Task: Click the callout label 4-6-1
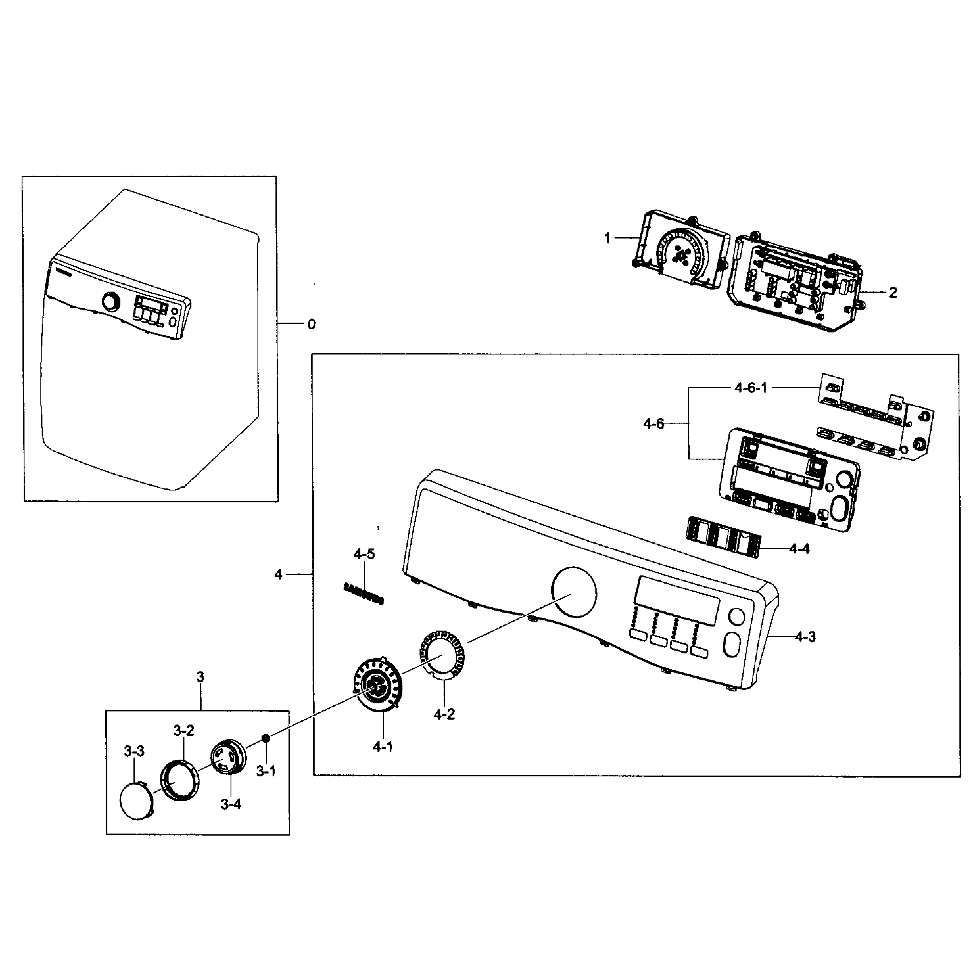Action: (x=750, y=388)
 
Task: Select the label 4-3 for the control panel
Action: (x=805, y=637)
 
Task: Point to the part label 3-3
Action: (x=134, y=751)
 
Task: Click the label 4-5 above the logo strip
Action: (x=364, y=554)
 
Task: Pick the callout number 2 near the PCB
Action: (x=893, y=292)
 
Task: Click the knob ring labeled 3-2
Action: (x=180, y=780)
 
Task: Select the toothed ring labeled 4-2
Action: (x=441, y=654)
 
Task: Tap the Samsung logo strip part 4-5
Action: (x=363, y=594)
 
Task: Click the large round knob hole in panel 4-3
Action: (x=574, y=592)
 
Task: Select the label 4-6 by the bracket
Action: (x=654, y=424)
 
